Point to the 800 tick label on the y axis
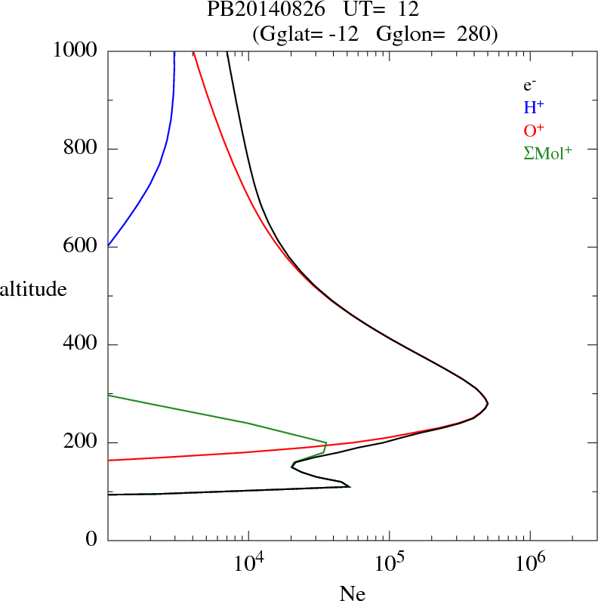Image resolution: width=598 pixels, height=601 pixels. pyautogui.click(x=80, y=149)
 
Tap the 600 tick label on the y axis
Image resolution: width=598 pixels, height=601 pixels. pyautogui.click(x=80, y=247)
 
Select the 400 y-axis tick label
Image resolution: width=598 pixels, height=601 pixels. pyautogui.click(x=80, y=345)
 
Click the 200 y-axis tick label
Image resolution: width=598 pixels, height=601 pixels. pyautogui.click(x=80, y=442)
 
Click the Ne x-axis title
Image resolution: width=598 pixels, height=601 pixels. pyautogui.click(x=352, y=593)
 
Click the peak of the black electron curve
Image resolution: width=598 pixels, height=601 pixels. pyautogui.click(x=488, y=403)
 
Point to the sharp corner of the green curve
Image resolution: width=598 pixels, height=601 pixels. pyautogui.click(x=326, y=442)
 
